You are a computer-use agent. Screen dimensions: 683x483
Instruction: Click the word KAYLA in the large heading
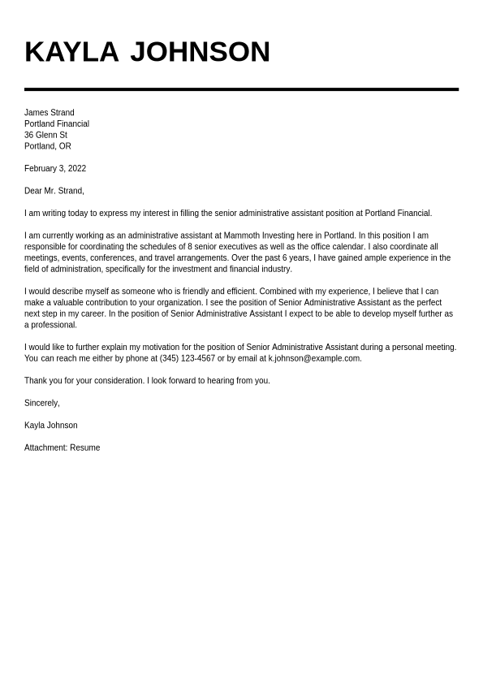(x=71, y=52)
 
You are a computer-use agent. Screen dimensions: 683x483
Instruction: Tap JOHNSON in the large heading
(x=200, y=52)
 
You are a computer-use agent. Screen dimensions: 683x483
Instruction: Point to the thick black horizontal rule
(x=241, y=89)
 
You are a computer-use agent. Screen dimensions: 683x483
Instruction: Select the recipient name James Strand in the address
(x=49, y=113)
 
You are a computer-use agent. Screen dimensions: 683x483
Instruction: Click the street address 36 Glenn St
(x=45, y=136)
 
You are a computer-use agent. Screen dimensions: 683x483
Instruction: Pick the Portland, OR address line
(x=48, y=147)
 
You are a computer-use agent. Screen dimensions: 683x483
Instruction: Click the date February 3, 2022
(x=55, y=169)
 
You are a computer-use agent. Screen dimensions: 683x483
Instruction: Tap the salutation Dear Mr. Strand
(x=54, y=192)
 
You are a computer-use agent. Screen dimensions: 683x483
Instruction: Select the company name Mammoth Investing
(x=258, y=236)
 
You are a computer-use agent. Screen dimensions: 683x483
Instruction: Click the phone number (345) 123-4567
(x=188, y=359)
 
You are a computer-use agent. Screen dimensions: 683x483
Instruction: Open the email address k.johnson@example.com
(x=315, y=359)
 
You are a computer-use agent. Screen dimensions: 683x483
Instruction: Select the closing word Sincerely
(x=41, y=404)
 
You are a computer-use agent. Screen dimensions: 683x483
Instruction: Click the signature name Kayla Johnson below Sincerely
(x=51, y=426)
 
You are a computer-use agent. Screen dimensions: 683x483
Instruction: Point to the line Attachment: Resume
(x=63, y=448)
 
